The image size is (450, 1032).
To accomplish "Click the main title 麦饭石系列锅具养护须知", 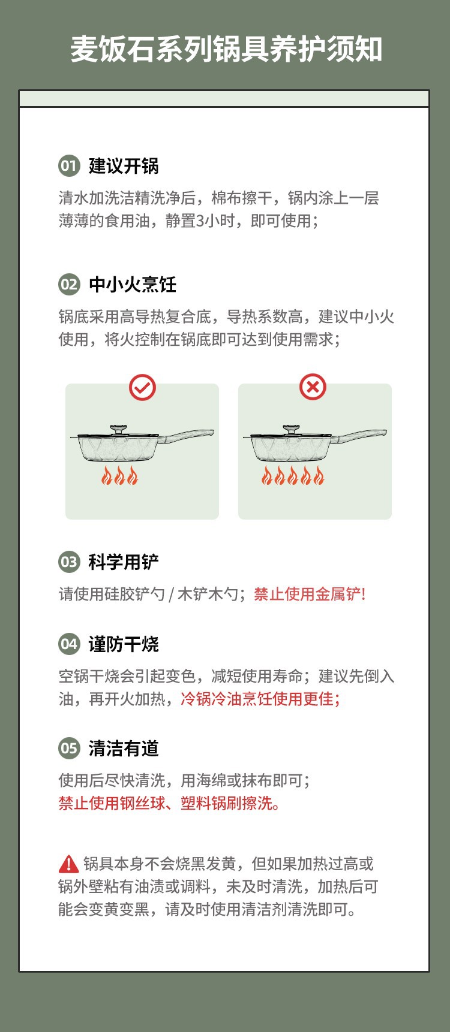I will coord(226,49).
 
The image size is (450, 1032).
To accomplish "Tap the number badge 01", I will coord(69,166).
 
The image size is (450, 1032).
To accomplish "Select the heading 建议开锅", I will coord(124,166).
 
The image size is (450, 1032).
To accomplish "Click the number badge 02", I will coord(69,285).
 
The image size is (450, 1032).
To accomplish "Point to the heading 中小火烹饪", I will coord(133,285).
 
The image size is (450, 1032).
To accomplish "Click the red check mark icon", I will coord(142,388).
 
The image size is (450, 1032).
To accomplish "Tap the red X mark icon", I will coord(313,387).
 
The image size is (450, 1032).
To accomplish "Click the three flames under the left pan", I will coord(119,476).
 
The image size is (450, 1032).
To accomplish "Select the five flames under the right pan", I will coord(292,476).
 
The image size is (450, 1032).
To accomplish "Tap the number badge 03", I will coord(69,562).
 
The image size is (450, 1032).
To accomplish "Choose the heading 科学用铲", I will coord(124,562).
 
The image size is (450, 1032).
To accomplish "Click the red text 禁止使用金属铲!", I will coord(310,594).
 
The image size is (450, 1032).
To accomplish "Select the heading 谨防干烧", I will coord(124,644).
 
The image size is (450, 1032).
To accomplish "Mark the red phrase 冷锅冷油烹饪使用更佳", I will coord(259,699).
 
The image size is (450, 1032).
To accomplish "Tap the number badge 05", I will coord(69,749).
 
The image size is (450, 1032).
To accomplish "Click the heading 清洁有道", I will coord(124,749).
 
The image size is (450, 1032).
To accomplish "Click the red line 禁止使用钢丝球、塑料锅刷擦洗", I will coord(169,803).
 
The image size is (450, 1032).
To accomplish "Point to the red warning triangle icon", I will coord(69,864).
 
